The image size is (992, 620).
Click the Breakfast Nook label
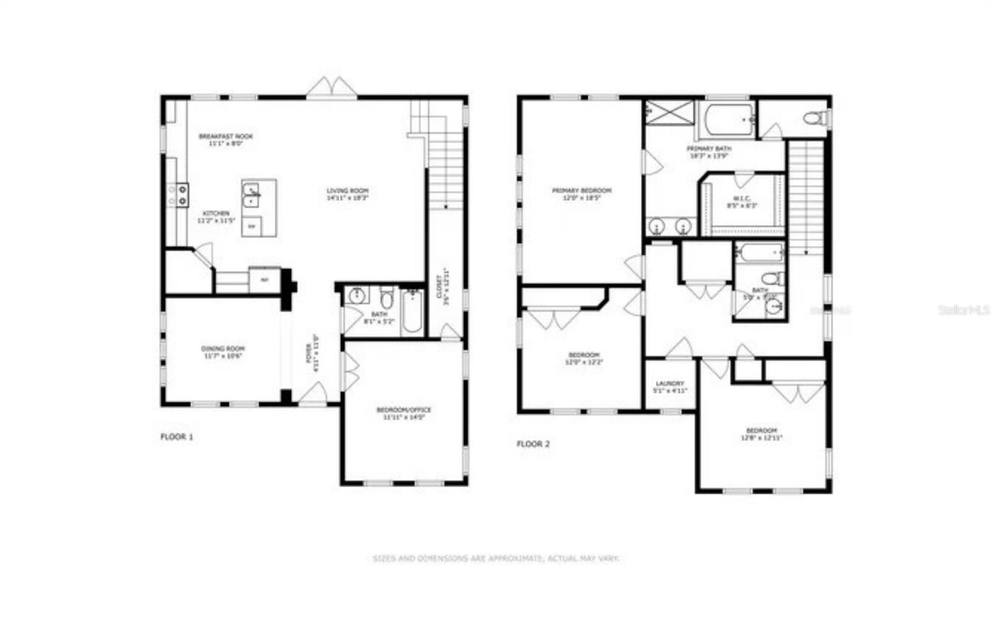coord(226,139)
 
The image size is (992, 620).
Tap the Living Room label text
coord(348,194)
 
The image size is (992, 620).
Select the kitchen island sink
coord(252,195)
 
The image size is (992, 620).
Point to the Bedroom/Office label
coord(404,414)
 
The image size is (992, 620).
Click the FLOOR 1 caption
coord(177,437)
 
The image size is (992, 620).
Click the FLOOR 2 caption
coord(533,444)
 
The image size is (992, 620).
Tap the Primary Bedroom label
coord(582,194)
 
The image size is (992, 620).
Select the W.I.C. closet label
coord(742,201)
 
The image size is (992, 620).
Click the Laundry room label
coord(670,387)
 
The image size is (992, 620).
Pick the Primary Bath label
coord(709,152)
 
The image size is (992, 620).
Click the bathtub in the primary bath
coord(726,119)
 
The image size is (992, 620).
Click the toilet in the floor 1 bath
coord(387,298)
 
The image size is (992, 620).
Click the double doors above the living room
coord(332,88)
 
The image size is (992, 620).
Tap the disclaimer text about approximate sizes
coord(495,559)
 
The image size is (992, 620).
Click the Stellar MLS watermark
coord(964,309)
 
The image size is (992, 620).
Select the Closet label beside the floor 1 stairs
coord(441,286)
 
